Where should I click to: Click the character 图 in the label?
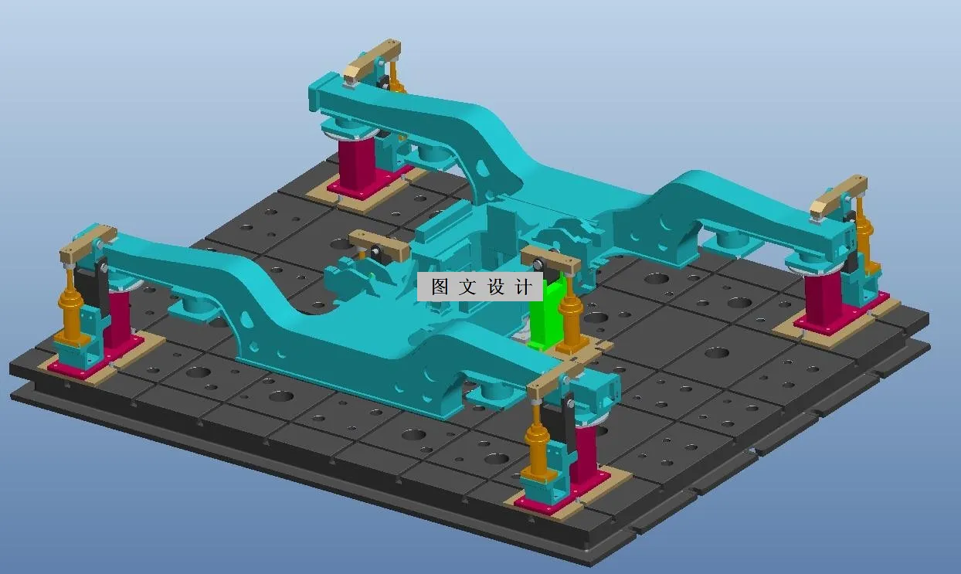(x=440, y=287)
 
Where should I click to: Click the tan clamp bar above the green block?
(x=550, y=260)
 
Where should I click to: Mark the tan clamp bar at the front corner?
(x=560, y=374)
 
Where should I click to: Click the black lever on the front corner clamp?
(x=569, y=423)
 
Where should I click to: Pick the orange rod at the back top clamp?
(x=393, y=75)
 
